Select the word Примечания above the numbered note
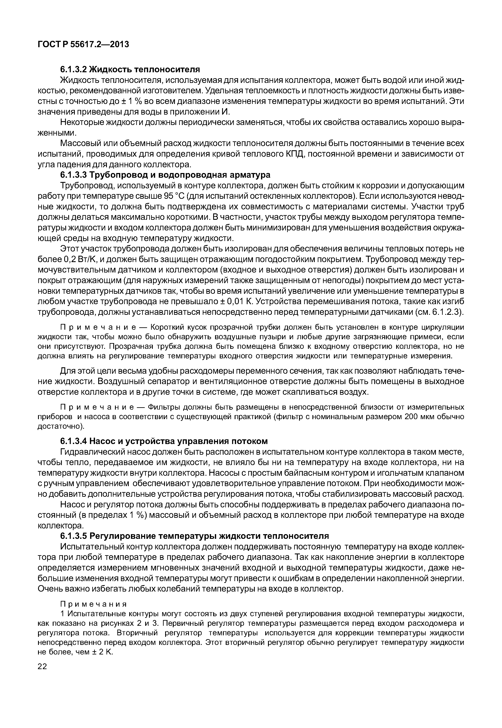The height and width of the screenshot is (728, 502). (94, 604)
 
